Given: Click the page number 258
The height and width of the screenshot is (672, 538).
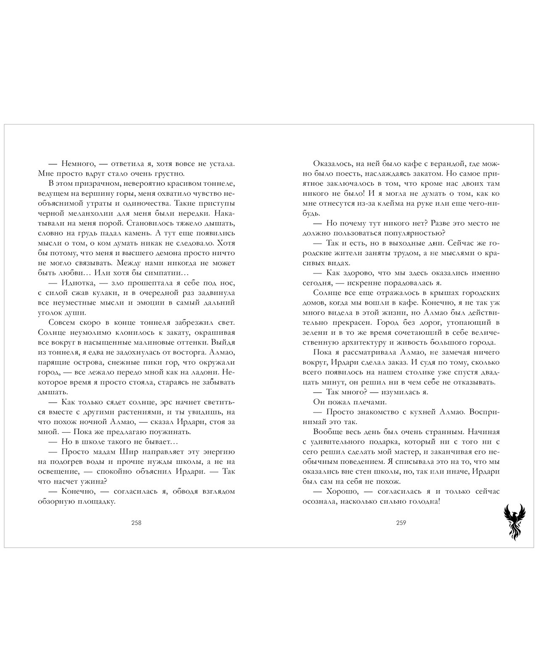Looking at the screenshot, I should coord(136,523).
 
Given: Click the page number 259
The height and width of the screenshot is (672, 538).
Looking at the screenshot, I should coord(401,523).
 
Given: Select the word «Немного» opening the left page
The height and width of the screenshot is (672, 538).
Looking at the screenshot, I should coord(79,164).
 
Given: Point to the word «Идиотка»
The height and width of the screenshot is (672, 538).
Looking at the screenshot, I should coord(79,283).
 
